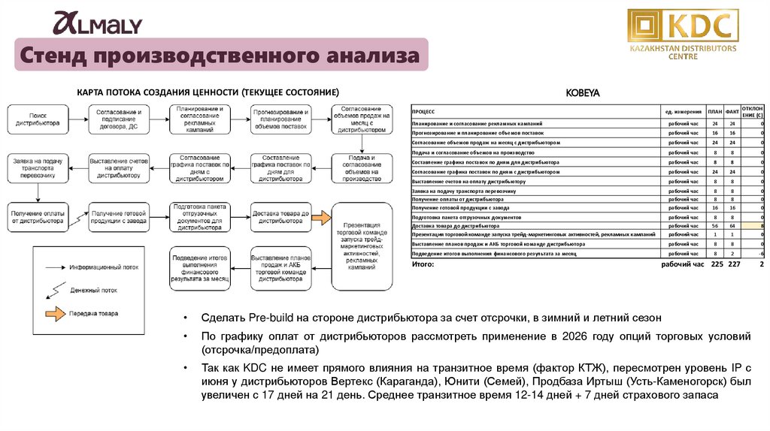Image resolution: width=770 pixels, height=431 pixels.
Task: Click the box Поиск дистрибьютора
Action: click(x=38, y=119)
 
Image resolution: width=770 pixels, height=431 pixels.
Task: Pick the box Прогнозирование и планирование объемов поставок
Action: click(x=280, y=119)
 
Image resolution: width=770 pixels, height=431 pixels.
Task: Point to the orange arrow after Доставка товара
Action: click(x=320, y=217)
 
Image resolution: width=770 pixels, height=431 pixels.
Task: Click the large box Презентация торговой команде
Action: click(x=362, y=246)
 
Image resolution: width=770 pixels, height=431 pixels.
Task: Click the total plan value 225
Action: click(x=717, y=264)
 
